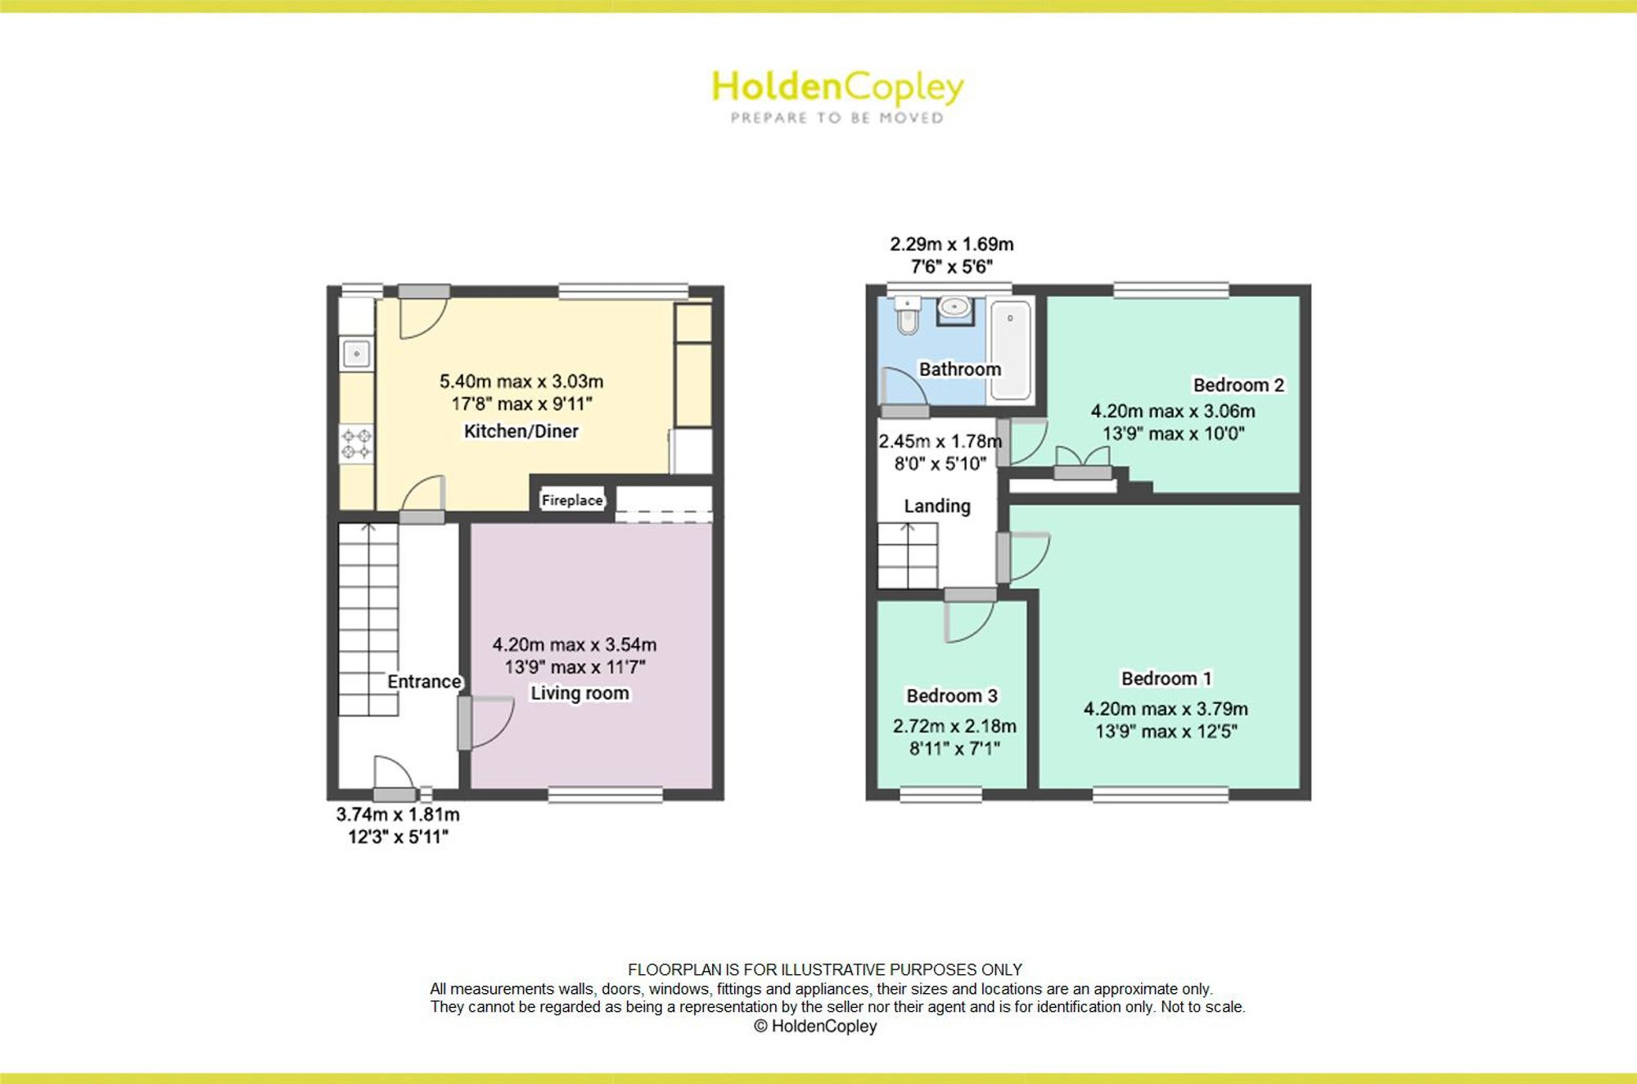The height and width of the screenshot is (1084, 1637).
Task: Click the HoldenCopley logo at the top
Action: [x=837, y=97]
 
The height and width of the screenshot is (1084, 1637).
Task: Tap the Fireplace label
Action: [x=572, y=499]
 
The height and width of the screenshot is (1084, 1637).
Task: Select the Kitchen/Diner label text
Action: [x=521, y=431]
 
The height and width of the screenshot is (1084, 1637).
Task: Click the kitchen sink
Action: [x=356, y=355]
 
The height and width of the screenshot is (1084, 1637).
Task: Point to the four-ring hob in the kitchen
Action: [x=356, y=443]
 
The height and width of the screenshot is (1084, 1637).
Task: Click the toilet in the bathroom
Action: [x=907, y=315]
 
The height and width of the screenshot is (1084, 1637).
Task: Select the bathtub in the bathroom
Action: [x=1010, y=350]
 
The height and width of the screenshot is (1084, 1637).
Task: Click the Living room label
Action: [x=579, y=693]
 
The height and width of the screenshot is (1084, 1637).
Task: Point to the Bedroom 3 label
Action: [x=952, y=696]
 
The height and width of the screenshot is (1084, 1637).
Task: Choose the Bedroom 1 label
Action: [x=1166, y=679]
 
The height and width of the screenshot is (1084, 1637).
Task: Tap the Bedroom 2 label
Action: [x=1238, y=385]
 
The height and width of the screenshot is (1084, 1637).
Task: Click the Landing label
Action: [x=937, y=506]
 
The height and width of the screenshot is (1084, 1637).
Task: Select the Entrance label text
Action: [x=424, y=682]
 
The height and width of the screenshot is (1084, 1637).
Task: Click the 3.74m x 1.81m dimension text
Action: [x=398, y=815]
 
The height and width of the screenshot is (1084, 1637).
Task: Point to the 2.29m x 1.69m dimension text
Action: [x=952, y=244]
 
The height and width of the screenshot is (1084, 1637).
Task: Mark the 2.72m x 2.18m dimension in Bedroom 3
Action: [x=954, y=726]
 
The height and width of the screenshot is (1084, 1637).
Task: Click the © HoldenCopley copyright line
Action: [x=815, y=1026]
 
